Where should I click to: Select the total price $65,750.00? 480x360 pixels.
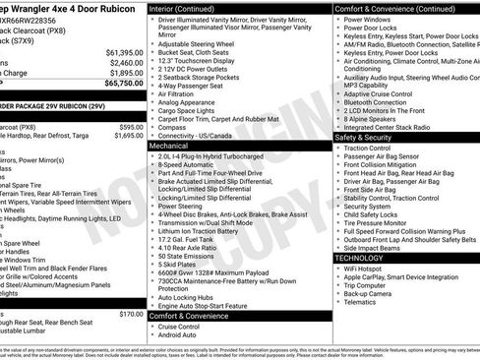121,84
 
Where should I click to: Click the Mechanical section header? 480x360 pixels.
175,145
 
